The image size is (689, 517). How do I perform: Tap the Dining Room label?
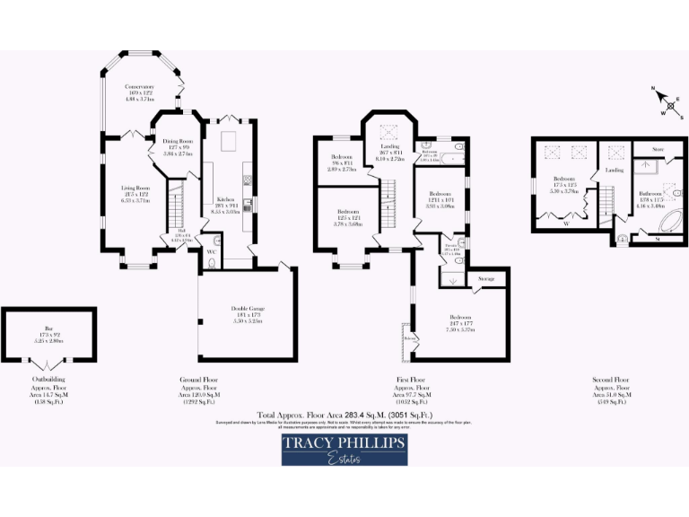tap(178, 142)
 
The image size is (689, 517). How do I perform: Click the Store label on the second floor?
tap(656, 149)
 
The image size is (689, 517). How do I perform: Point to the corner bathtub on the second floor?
tap(665, 219)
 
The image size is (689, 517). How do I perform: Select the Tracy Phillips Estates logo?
tap(344, 450)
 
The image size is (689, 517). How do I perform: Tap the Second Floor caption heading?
tap(609, 380)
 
